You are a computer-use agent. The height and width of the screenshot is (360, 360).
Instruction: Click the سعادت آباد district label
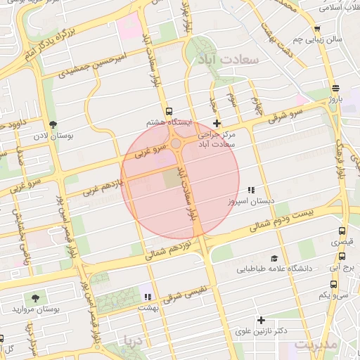click(230, 60)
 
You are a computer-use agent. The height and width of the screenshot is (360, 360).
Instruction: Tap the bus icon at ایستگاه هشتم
click(168, 112)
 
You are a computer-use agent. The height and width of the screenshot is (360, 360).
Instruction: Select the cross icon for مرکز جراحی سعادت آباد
click(217, 123)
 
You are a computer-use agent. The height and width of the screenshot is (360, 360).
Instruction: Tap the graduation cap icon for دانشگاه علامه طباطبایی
click(274, 258)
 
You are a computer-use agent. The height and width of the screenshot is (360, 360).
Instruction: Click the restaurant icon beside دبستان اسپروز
click(251, 191)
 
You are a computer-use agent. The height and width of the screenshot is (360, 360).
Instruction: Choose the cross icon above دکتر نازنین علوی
click(261, 320)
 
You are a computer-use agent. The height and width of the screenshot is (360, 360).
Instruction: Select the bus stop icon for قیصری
click(342, 231)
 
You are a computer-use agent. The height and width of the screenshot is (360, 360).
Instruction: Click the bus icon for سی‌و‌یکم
click(333, 285)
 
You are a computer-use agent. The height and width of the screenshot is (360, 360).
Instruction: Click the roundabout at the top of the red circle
click(175, 143)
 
